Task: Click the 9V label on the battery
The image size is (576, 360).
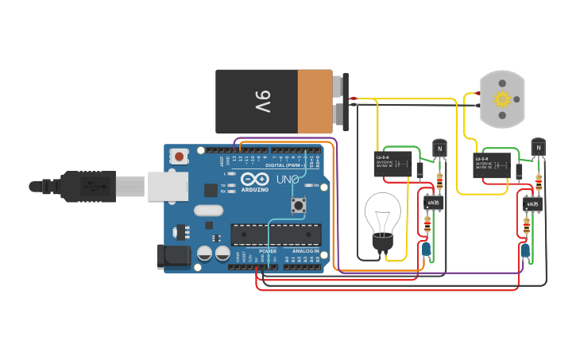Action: tap(263, 101)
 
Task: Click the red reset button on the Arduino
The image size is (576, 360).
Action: tap(180, 157)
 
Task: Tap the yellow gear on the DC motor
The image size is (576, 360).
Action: tap(501, 99)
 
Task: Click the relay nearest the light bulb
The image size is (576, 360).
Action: tap(392, 164)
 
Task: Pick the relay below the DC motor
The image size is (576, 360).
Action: tap(491, 165)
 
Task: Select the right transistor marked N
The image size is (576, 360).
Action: tap(538, 147)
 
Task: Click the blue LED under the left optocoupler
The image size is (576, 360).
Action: tap(427, 250)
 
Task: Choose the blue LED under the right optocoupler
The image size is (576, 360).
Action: tap(524, 251)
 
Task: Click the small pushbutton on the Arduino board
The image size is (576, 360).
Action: tap(300, 207)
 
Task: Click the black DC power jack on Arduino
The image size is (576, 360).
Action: tap(172, 256)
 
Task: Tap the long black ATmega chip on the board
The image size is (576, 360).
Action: tap(276, 234)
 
